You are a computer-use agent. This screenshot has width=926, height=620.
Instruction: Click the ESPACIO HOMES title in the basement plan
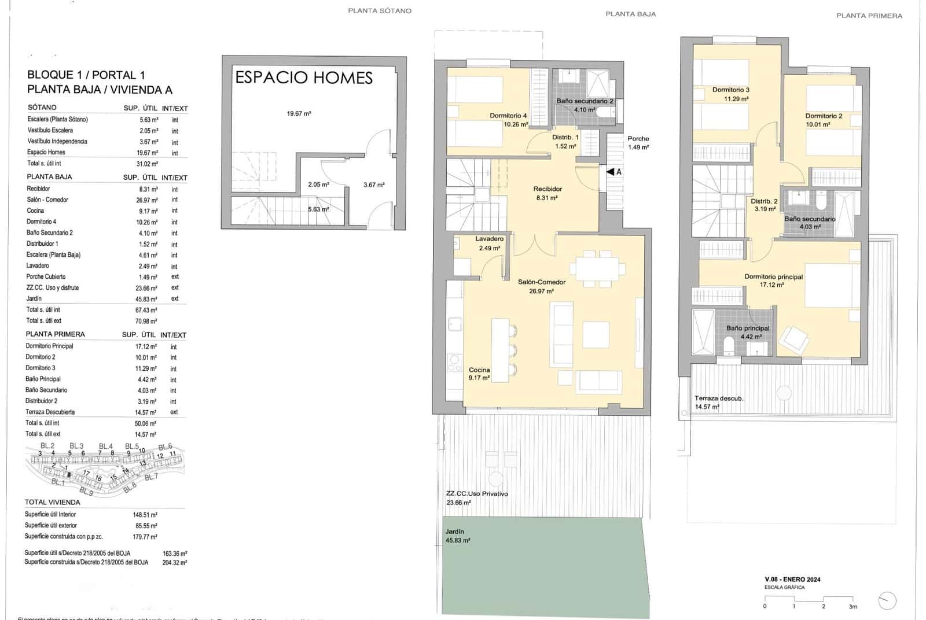(303, 77)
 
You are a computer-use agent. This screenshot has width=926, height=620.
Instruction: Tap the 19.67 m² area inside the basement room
(299, 114)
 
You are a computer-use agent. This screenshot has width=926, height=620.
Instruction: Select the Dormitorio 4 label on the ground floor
(508, 116)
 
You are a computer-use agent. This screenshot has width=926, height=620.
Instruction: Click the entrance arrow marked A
(614, 172)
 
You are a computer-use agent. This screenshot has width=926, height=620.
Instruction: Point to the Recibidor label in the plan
(547, 189)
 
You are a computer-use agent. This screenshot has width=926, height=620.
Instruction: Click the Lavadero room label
(489, 239)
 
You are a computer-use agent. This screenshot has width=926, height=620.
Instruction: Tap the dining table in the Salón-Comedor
(597, 269)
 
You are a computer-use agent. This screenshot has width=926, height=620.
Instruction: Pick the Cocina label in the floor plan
(479, 370)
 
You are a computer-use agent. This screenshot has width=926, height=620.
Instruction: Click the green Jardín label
(455, 532)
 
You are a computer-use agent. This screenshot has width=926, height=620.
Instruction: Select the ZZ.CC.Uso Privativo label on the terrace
(476, 494)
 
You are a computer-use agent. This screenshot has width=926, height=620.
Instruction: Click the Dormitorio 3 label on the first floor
(730, 90)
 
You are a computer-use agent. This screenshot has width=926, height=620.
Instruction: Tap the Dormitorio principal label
(773, 277)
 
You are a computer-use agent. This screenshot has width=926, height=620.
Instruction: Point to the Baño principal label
(748, 329)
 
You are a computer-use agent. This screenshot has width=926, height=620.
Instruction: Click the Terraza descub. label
(719, 398)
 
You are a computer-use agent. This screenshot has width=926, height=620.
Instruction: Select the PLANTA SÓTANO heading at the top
(380, 11)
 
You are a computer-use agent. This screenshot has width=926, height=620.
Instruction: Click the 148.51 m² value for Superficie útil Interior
(145, 515)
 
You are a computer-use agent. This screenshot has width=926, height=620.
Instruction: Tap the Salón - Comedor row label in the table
(47, 200)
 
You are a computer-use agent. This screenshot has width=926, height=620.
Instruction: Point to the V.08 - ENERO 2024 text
(792, 580)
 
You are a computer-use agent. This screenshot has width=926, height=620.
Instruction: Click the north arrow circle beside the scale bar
(887, 601)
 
